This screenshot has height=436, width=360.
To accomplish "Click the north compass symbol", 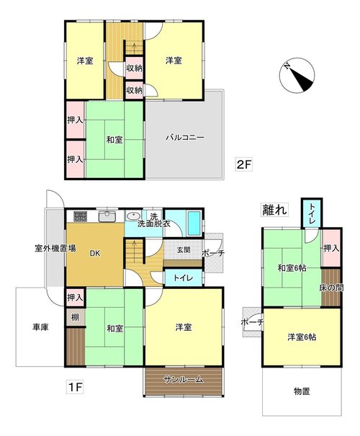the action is pyautogui.click(x=297, y=75).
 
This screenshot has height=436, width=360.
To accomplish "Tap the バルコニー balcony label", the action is pyautogui.click(x=185, y=138).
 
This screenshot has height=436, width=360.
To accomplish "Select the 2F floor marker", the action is pyautogui.click(x=243, y=165).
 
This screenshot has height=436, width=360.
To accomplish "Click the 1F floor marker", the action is pyautogui.click(x=75, y=387).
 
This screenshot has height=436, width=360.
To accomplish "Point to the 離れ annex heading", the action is pyautogui.click(x=274, y=210).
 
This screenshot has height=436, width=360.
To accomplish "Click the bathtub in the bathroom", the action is pyautogui.click(x=194, y=223).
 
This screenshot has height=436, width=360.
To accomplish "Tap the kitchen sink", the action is pyautogui.click(x=107, y=216).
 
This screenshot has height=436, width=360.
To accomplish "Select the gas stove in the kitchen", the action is pyautogui.click(x=81, y=216).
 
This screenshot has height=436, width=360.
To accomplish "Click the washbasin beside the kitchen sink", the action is pyautogui.click(x=134, y=215).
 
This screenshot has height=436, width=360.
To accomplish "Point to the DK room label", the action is pyautogui.click(x=95, y=254).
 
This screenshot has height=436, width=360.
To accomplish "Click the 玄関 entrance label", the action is pyautogui.click(x=184, y=249).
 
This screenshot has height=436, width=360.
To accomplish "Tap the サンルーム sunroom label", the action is pyautogui.click(x=183, y=379).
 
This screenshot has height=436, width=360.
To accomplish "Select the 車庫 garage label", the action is pyautogui.click(x=40, y=327).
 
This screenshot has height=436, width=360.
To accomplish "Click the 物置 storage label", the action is pyautogui.click(x=302, y=391).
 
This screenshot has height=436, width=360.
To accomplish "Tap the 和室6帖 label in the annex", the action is pyautogui.click(x=292, y=268).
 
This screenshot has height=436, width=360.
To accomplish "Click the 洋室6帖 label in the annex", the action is pyautogui.click(x=302, y=337).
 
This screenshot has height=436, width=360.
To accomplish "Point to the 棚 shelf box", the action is pyautogui.click(x=75, y=317).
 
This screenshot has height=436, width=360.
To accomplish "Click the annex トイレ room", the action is pyautogui.click(x=312, y=213).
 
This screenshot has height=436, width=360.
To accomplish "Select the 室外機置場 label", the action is pyautogui.click(x=55, y=248).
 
